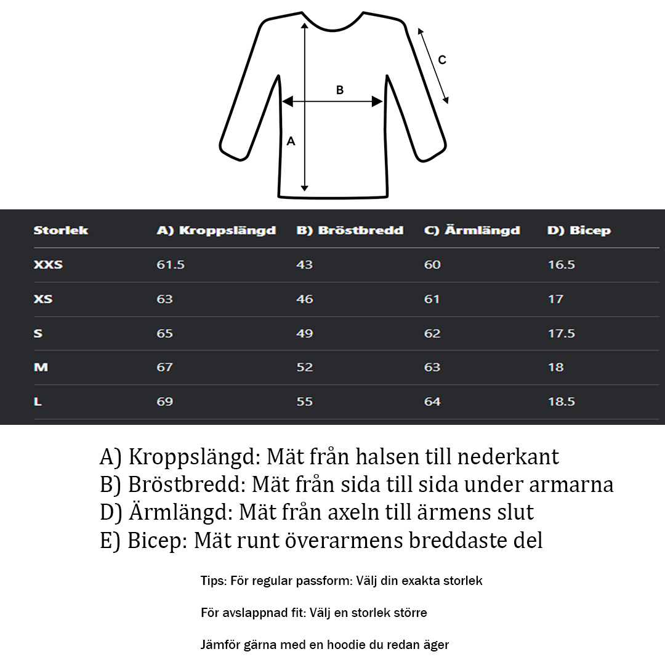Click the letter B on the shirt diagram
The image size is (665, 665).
pyautogui.click(x=340, y=90)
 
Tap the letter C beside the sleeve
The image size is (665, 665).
pyautogui.click(x=442, y=60)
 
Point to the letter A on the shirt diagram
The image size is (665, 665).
pyautogui.click(x=291, y=141)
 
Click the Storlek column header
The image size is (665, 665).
pyautogui.click(x=61, y=230)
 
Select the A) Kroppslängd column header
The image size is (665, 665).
pyautogui.click(x=216, y=230)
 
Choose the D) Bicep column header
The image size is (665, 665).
pyautogui.click(x=579, y=230)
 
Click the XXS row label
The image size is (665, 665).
pyautogui.click(x=48, y=265)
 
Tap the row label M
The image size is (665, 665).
pyautogui.click(x=41, y=367)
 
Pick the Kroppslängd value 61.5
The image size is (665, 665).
pyautogui.click(x=171, y=265)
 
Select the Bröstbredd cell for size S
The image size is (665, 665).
pyautogui.click(x=305, y=333)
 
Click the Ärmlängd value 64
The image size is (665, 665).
pyautogui.click(x=432, y=401)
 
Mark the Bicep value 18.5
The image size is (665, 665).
pyautogui.click(x=561, y=401)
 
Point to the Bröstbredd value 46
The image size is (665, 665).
pyautogui.click(x=305, y=299)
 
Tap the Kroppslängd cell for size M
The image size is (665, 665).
pyautogui.click(x=164, y=367)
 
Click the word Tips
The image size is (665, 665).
pyautogui.click(x=213, y=581)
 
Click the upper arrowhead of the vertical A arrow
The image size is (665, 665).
pyautogui.click(x=304, y=26)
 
